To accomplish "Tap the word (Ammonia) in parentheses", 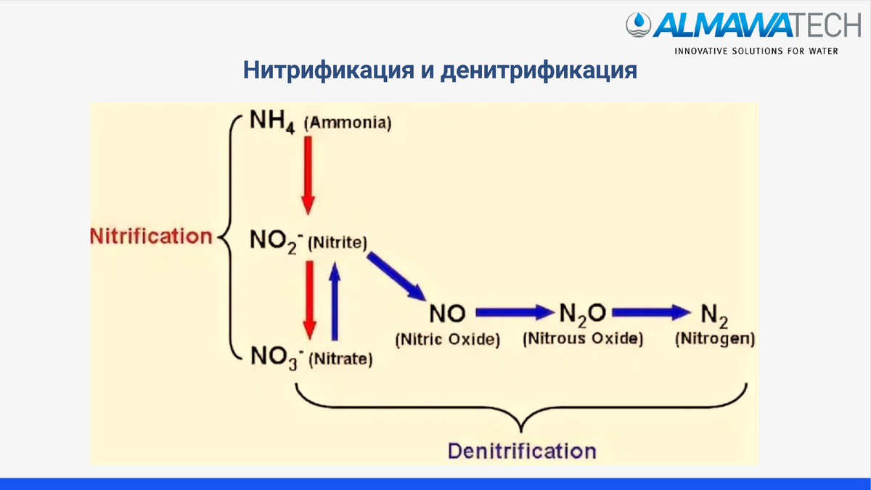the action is click(x=348, y=123).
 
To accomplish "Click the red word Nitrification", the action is click(x=151, y=236).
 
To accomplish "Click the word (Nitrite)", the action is click(x=338, y=242).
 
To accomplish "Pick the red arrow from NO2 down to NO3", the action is click(x=309, y=298).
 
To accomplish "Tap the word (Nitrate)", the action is click(x=340, y=359).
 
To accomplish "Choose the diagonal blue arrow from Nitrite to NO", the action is click(x=396, y=276).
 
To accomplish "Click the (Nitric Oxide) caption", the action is click(x=448, y=339).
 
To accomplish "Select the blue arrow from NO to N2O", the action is click(x=515, y=313).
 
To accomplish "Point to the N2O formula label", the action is click(x=582, y=314).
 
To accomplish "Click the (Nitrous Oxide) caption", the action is click(x=583, y=339).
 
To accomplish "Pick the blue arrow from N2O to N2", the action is click(x=651, y=313).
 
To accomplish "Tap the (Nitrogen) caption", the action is click(x=715, y=338).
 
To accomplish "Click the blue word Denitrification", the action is click(x=522, y=450).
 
